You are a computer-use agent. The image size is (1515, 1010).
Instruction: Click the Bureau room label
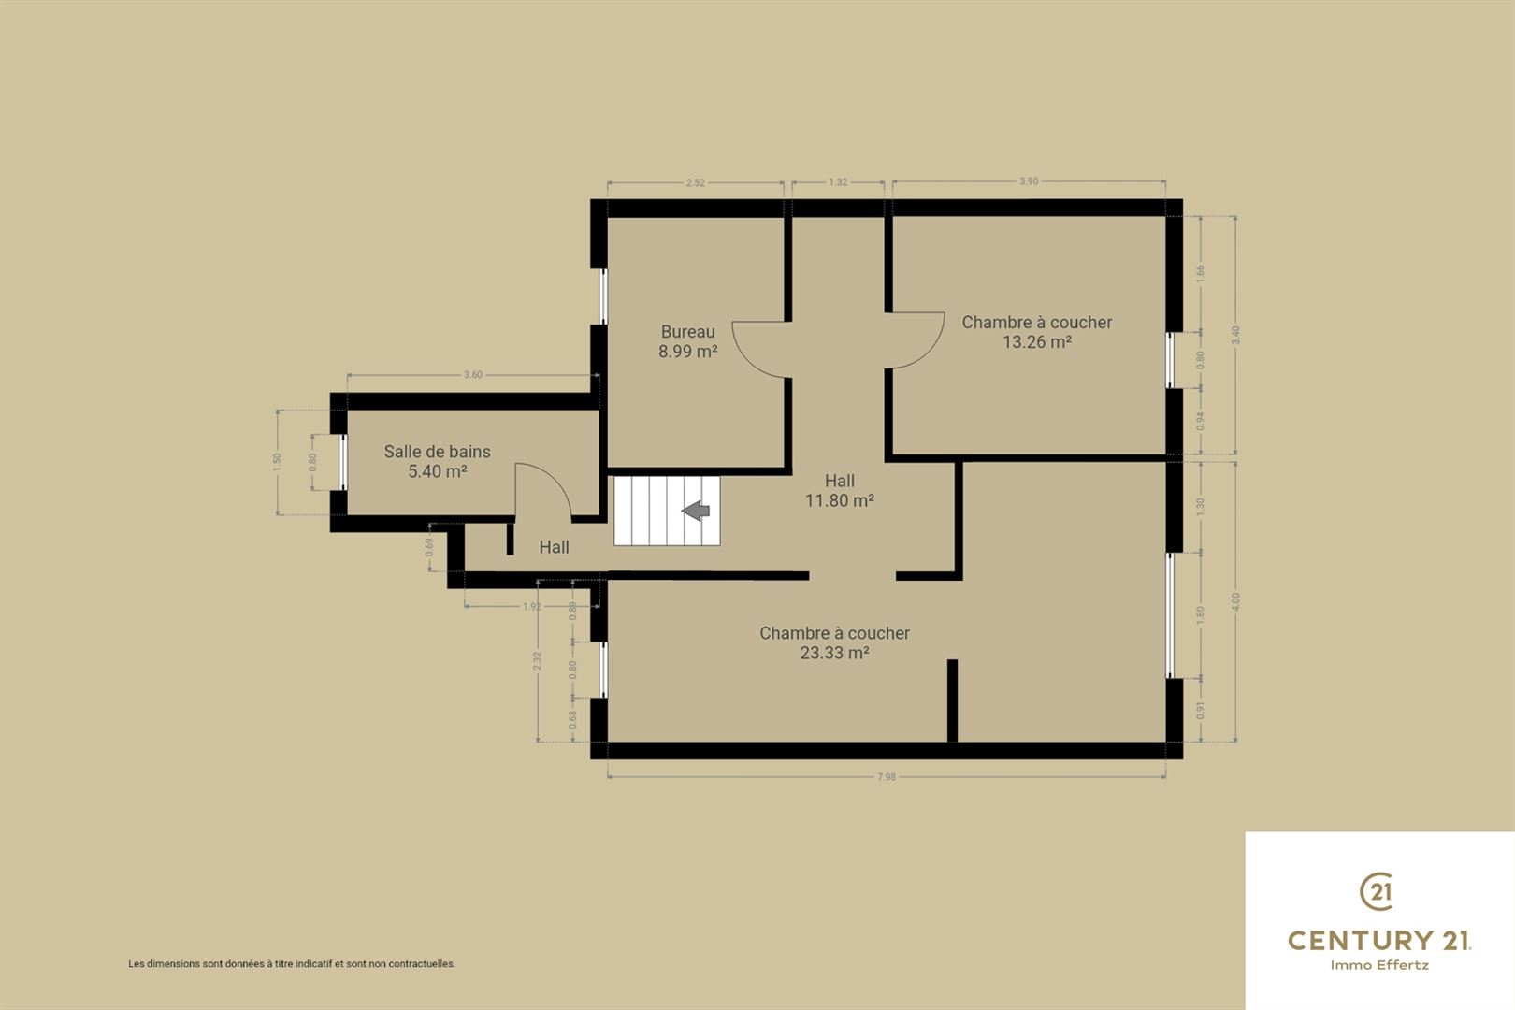(x=688, y=332)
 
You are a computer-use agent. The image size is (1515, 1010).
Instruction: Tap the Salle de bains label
(x=437, y=452)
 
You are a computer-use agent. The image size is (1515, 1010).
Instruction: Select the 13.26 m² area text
(x=1036, y=342)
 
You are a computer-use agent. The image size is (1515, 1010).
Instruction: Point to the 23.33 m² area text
(x=834, y=653)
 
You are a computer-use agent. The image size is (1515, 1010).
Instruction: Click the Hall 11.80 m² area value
(x=840, y=500)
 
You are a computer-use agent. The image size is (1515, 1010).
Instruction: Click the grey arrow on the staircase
(x=695, y=511)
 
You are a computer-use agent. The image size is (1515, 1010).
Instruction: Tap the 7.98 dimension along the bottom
(x=886, y=776)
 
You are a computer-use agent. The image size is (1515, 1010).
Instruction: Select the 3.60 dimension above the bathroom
(x=473, y=375)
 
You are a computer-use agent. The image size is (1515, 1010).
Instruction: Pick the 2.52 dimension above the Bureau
(x=695, y=182)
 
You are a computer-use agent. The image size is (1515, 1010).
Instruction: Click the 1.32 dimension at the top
(x=838, y=182)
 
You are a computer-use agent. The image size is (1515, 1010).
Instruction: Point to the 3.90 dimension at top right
(x=1029, y=181)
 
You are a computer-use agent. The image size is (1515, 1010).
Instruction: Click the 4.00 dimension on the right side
(x=1235, y=602)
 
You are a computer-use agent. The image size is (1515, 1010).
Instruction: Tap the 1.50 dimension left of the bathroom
(x=277, y=462)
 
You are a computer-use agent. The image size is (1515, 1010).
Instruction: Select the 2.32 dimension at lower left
(x=537, y=660)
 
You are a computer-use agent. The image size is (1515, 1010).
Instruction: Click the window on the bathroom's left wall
(x=343, y=462)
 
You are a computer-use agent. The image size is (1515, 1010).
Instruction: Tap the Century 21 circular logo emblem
(x=1377, y=891)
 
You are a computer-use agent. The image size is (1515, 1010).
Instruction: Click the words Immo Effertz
(x=1379, y=965)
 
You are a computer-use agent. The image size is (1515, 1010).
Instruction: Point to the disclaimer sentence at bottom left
(x=292, y=964)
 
